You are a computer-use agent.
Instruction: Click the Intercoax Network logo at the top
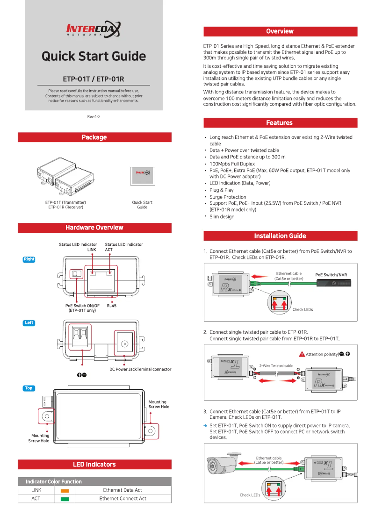click(94, 31)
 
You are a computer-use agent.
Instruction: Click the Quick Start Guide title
click(94, 57)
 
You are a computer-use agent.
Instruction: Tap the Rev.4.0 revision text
click(94, 116)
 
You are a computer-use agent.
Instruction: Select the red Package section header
click(94, 137)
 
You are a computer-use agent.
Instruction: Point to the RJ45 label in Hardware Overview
click(111, 306)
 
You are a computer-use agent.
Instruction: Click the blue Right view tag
click(29, 259)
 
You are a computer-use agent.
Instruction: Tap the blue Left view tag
click(29, 323)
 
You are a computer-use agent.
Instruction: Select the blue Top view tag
click(29, 388)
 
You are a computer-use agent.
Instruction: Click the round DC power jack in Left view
click(124, 344)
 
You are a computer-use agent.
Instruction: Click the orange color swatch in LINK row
click(65, 491)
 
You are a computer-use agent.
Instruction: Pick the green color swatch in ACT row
click(65, 499)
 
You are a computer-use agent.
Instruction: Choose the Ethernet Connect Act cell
click(123, 499)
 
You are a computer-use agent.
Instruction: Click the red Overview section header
click(280, 31)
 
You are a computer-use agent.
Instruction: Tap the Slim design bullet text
click(222, 217)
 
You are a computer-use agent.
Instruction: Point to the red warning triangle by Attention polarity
click(302, 354)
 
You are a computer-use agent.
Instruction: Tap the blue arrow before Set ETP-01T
click(205, 426)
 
